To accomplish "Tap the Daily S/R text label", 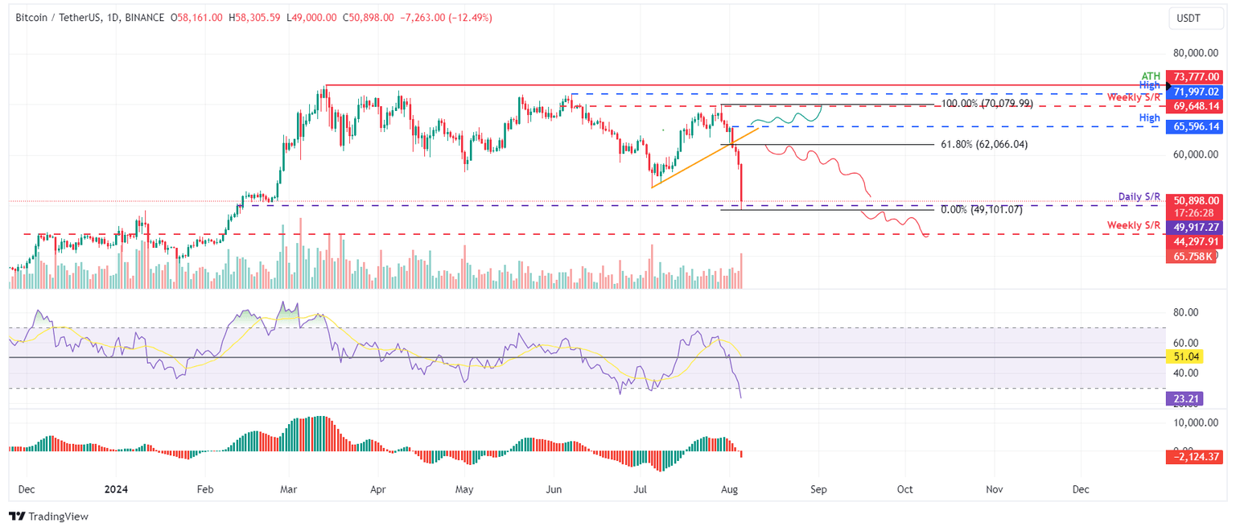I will [x=1139, y=197].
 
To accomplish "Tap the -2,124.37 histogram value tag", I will [x=1193, y=457].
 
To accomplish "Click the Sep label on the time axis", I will [x=818, y=489].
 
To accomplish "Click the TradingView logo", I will [x=49, y=517].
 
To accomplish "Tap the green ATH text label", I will [x=1151, y=76].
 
